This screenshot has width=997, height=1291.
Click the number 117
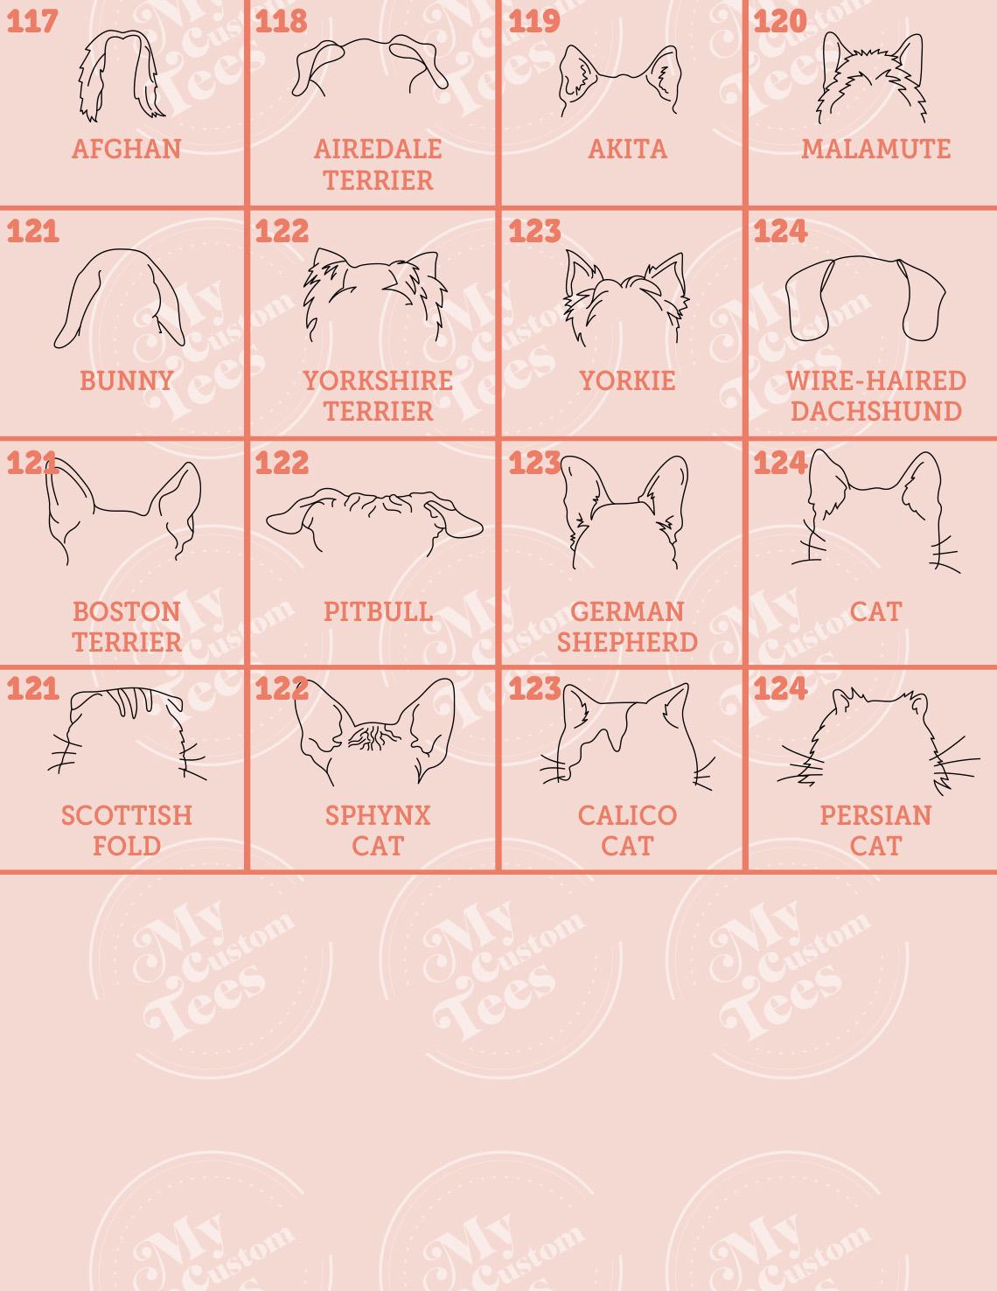click(x=32, y=21)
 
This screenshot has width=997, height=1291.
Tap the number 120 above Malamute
click(x=779, y=21)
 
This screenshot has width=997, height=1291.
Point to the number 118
click(x=281, y=21)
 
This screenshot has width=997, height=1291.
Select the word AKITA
click(x=627, y=149)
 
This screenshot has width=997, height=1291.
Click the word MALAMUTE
click(x=875, y=149)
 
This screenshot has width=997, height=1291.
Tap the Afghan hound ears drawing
click(x=122, y=75)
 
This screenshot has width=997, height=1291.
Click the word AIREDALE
click(x=378, y=149)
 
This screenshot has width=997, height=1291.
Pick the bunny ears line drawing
click(x=120, y=297)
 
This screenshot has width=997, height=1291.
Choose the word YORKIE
click(x=627, y=380)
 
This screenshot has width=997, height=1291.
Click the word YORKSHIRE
click(x=378, y=380)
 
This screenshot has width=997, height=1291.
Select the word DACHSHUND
click(x=875, y=411)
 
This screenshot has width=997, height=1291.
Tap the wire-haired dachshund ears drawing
click(x=864, y=297)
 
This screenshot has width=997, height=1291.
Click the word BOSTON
click(x=127, y=611)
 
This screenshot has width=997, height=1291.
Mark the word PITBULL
click(x=378, y=611)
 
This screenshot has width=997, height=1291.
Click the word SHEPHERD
click(x=627, y=642)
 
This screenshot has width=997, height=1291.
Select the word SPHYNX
click(x=378, y=815)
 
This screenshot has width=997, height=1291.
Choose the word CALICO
click(x=627, y=815)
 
